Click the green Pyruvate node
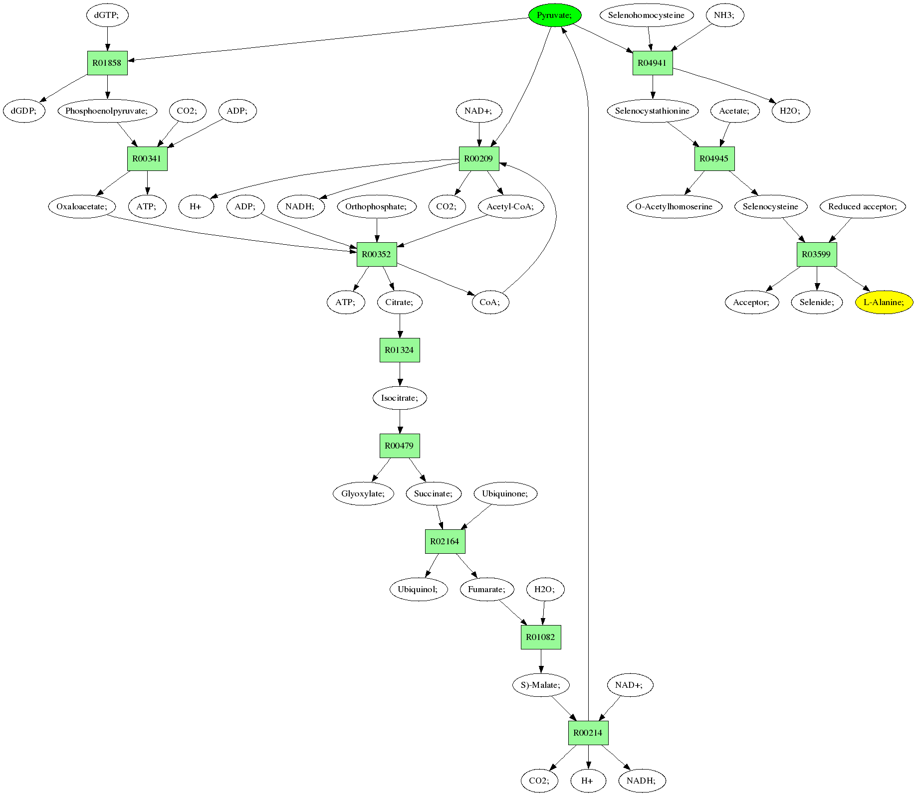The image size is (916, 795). click(x=555, y=15)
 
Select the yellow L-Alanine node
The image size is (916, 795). click(x=884, y=302)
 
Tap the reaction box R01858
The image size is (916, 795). click(x=107, y=63)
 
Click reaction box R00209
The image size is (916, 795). click(x=478, y=159)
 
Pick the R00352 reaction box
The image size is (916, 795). click(x=376, y=254)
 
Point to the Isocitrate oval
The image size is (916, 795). click(x=400, y=398)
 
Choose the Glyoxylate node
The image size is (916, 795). click(x=363, y=493)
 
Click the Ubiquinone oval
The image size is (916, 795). click(x=505, y=493)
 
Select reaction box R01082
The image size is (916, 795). click(x=541, y=637)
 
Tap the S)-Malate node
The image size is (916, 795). click(x=541, y=685)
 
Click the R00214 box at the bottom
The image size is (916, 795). click(x=588, y=733)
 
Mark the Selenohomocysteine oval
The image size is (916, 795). click(x=647, y=15)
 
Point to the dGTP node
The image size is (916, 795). click(x=107, y=15)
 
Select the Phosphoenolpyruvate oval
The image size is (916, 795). click(x=107, y=111)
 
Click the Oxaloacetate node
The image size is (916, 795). click(x=82, y=206)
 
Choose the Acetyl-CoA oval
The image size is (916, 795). click(x=510, y=206)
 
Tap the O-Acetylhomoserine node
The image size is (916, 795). click(x=674, y=206)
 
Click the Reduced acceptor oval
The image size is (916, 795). click(x=863, y=206)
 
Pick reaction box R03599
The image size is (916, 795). click(x=816, y=254)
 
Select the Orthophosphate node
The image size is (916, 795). click(x=377, y=206)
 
